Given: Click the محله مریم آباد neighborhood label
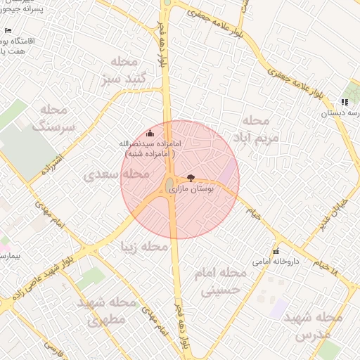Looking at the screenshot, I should (x=260, y=129).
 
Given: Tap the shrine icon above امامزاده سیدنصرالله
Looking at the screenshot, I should (x=148, y=133).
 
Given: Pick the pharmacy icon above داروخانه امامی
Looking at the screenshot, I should (x=276, y=251).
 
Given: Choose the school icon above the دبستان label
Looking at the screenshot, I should (x=345, y=103).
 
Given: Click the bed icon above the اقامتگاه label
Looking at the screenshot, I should (x=8, y=31).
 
